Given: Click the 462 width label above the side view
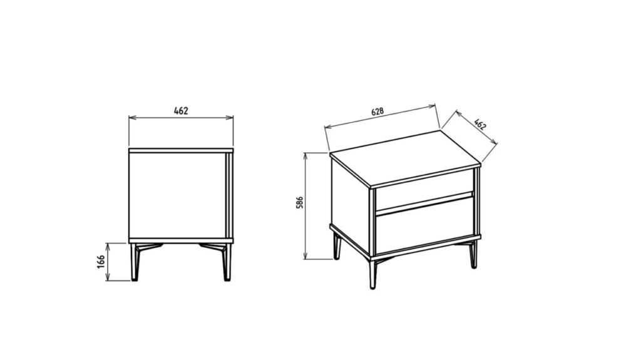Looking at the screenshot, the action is (181, 111).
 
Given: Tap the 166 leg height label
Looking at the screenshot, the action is (101, 262).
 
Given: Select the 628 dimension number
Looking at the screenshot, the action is (377, 111).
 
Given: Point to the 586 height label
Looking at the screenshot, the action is (300, 203).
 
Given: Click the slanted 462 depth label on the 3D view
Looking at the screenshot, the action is (480, 123).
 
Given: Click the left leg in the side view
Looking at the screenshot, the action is (134, 262).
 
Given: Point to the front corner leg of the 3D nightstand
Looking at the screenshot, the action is (372, 274).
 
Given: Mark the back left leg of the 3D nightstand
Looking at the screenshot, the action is (337, 246).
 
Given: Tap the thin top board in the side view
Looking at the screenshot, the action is (181, 150).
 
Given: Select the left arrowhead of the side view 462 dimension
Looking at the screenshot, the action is (132, 118).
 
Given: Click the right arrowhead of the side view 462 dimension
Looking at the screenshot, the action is (230, 118).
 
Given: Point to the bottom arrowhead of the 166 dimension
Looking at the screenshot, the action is (108, 278).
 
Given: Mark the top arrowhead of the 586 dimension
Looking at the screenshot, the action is (305, 156).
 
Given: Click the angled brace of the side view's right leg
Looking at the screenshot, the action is (213, 247).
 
